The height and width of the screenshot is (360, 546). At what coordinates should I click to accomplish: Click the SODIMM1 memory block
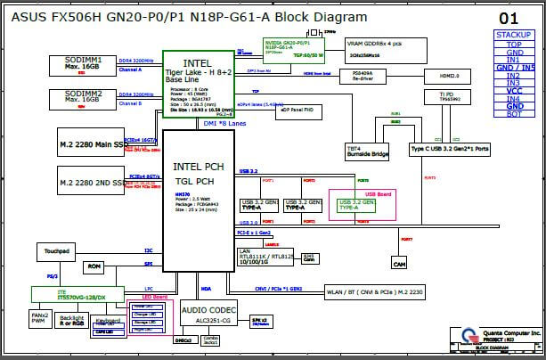pos(81,63)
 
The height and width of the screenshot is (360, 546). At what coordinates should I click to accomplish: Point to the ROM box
pos(94,266)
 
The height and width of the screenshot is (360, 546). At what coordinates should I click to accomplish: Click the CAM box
pos(400,265)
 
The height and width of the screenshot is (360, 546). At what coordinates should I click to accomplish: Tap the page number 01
pos(508,18)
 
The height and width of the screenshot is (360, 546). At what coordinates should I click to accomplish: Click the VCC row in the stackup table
pos(514,90)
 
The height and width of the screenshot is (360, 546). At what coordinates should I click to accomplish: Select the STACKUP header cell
pos(514,35)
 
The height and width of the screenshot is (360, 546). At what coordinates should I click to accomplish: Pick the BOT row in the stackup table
pos(514,114)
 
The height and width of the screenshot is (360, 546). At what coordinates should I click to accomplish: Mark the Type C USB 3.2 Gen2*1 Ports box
pos(450,149)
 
